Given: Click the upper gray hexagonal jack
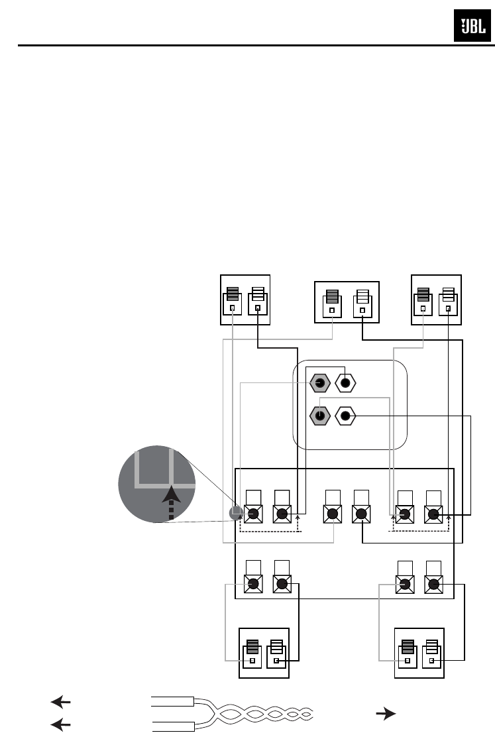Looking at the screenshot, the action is click(320, 383).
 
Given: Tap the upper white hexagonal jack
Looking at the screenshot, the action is click(345, 383).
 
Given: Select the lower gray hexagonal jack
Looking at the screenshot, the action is click(320, 416).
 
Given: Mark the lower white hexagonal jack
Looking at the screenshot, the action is click(345, 416).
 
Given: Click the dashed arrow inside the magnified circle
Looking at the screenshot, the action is click(170, 502).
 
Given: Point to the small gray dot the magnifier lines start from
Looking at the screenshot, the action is click(234, 512).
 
